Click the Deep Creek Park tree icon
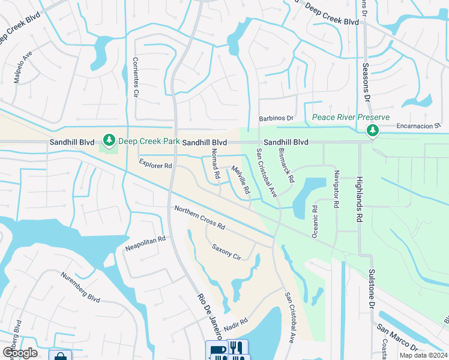click(109, 141)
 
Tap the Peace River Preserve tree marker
click(373, 130)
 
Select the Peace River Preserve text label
click(350, 118)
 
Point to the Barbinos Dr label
click(276, 119)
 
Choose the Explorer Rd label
click(155, 163)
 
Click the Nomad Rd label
click(214, 166)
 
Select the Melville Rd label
click(240, 179)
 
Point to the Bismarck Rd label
click(287, 167)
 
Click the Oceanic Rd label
click(315, 221)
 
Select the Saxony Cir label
click(226, 251)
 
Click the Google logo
click(20, 352)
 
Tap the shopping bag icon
click(60, 355)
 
